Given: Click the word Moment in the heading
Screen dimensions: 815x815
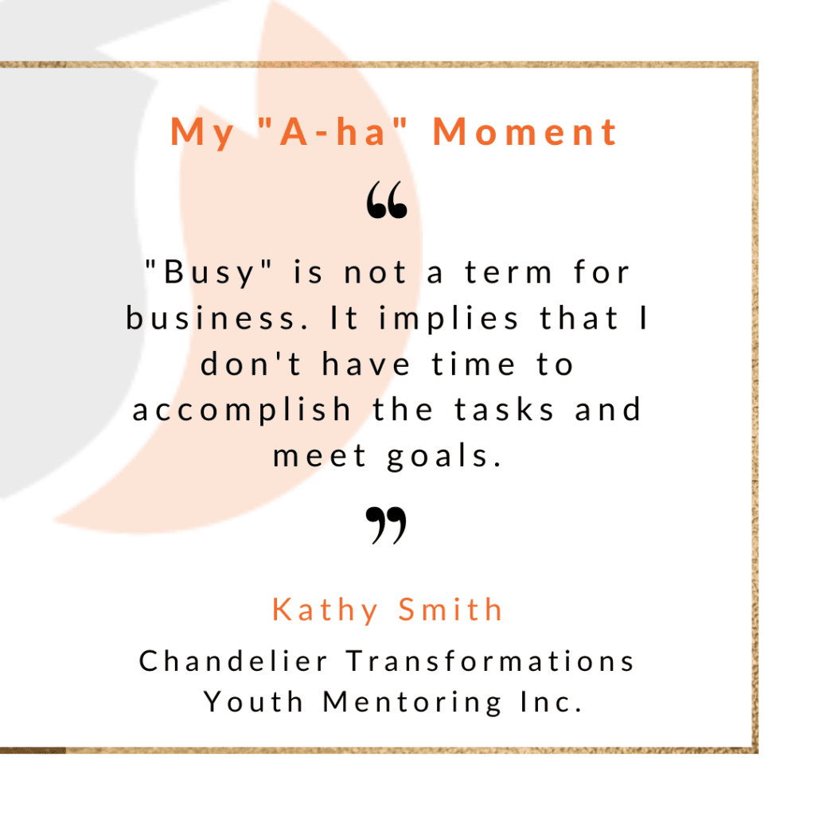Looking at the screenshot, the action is [x=525, y=131].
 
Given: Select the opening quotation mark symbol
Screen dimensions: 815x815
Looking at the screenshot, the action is [x=387, y=200].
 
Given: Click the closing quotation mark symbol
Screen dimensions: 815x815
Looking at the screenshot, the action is [x=386, y=525].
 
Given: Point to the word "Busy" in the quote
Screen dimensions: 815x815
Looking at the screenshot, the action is [x=209, y=272].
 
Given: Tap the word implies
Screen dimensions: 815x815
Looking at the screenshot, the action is [x=449, y=318].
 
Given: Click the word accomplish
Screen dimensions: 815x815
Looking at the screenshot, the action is [x=242, y=410].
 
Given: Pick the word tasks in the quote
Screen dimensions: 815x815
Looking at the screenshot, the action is [x=504, y=409].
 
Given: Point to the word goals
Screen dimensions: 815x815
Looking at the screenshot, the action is [x=444, y=456].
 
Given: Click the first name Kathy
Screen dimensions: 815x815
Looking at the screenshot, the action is [x=326, y=610].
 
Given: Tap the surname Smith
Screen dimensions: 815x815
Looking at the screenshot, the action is [x=450, y=609].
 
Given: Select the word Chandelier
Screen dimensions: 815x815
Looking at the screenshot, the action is [x=233, y=661].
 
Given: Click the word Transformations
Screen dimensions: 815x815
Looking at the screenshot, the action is [x=490, y=661].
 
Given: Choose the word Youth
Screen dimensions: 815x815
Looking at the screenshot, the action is [x=253, y=702].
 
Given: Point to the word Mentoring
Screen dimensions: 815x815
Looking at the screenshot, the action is [x=413, y=703].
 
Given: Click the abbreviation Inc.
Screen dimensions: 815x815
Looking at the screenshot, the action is [x=551, y=702].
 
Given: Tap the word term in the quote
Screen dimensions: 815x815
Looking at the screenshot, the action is [x=509, y=272].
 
